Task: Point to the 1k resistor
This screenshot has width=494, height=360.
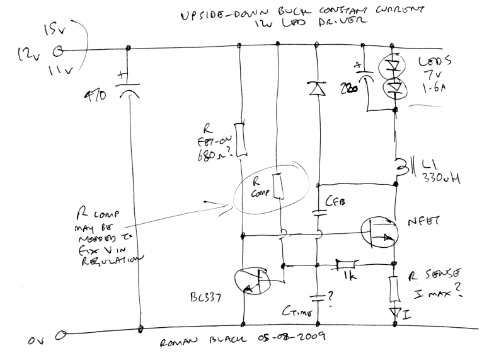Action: pos(345,262)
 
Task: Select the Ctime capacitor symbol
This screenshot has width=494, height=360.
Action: pos(318,296)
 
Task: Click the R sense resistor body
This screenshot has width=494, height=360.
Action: pos(395,288)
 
